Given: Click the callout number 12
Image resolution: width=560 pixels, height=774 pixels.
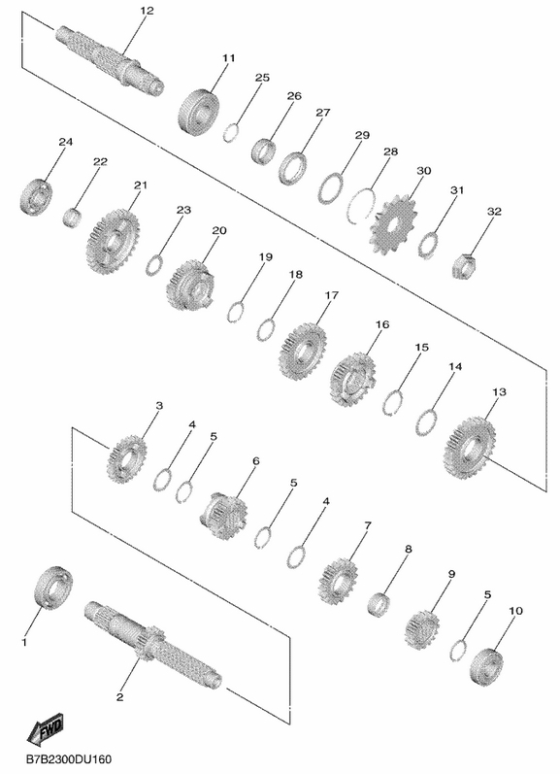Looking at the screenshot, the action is (x=147, y=11).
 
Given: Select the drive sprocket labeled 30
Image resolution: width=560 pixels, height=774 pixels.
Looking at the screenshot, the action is (x=394, y=225).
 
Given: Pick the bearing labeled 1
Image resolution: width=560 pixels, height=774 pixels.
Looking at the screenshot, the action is (x=53, y=588).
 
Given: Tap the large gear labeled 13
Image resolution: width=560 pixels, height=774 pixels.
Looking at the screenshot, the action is (x=469, y=449).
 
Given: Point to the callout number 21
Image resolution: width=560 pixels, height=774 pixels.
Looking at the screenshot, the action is (x=141, y=185).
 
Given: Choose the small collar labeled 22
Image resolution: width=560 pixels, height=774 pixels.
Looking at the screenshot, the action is (x=73, y=217).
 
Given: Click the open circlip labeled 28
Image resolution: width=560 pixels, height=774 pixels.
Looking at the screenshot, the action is (x=362, y=206).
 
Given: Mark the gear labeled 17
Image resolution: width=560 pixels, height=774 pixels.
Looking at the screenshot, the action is (x=303, y=351).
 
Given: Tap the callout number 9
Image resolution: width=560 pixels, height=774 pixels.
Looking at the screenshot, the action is (x=451, y=574).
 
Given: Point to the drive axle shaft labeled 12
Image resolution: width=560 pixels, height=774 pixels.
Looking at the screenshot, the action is (x=110, y=59).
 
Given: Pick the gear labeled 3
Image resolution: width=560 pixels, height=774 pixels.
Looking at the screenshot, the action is (x=127, y=458).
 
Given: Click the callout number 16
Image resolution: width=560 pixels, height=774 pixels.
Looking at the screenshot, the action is (x=382, y=324).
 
